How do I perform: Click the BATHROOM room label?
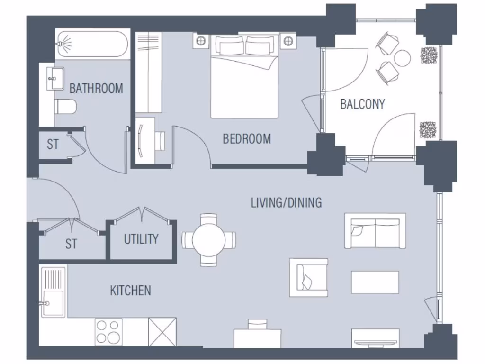tap(96, 88)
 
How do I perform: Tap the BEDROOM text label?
tap(247, 139)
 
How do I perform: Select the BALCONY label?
tap(362, 104)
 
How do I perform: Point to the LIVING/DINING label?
tap(286, 203)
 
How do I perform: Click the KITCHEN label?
tap(130, 290)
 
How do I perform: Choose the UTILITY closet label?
tap(141, 239)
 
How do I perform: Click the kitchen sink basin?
tap(52, 303)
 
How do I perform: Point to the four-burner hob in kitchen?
tap(108, 331)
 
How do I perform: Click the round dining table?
tap(209, 240)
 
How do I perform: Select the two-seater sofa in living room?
tap(375, 231)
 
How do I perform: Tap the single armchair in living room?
tap(309, 277)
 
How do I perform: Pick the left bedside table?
tap(201, 41)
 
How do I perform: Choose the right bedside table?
tap(288, 41)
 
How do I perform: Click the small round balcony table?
tap(403, 58)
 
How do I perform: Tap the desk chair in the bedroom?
tap(161, 140)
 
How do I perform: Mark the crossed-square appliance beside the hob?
tap(162, 331)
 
